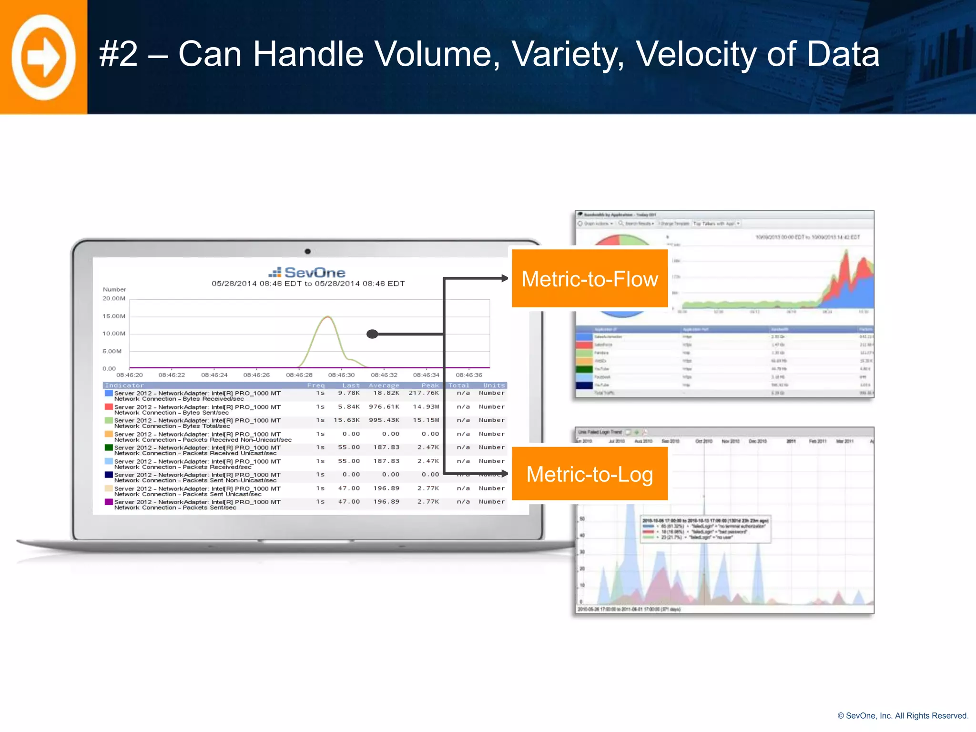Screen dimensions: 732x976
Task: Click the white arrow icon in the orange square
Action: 43,57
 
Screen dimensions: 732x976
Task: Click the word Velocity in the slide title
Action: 696,54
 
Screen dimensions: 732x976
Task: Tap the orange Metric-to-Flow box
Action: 590,279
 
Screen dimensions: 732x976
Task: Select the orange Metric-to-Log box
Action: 590,474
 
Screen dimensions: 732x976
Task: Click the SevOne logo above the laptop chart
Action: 307,273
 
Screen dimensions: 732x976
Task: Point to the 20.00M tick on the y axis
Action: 114,299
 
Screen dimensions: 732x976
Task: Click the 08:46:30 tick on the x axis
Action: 341,375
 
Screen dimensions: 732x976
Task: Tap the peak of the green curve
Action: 327,316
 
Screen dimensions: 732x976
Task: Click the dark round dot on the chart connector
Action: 372,334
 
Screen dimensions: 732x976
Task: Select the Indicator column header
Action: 124,386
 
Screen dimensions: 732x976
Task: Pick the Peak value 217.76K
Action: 424,393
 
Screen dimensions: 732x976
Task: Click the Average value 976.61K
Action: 384,407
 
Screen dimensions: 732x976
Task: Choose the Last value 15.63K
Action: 346,420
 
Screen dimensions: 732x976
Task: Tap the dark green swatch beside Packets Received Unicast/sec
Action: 109,448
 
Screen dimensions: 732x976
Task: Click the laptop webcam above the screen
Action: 308,251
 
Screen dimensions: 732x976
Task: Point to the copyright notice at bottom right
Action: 903,716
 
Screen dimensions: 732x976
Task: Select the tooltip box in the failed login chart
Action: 705,529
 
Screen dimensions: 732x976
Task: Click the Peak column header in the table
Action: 430,386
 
